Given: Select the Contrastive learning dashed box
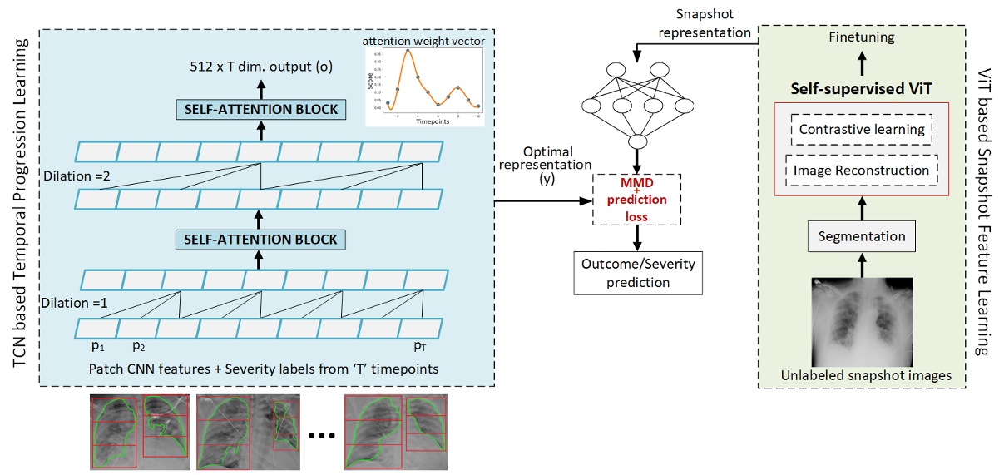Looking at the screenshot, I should tap(861, 129).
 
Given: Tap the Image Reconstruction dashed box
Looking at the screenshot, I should tap(861, 170).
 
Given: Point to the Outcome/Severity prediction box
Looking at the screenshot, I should tap(636, 273).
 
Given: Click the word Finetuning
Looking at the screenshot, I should tap(861, 38).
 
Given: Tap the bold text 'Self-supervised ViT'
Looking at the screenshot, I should tap(861, 87).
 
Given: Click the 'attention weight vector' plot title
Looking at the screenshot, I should tap(422, 39).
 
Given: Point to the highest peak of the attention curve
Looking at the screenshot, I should tap(408, 51).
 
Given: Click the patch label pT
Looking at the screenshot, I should tap(420, 343).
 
